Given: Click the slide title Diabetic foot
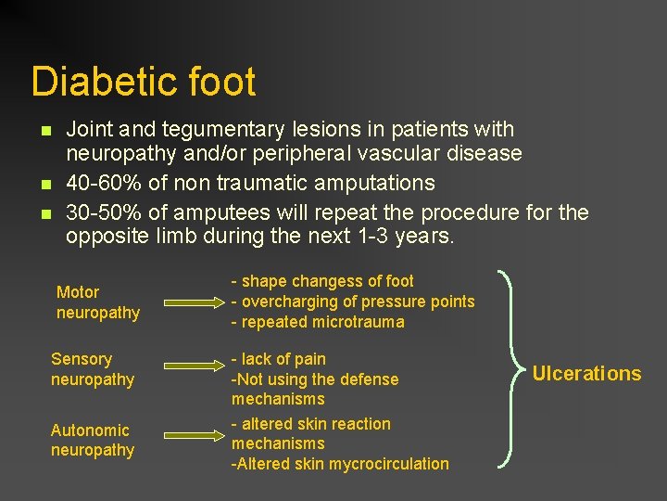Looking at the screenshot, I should point(143,82).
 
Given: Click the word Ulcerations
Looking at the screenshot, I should point(586,374).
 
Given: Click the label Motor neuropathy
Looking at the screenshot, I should point(97,302).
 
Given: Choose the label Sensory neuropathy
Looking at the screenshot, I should point(92,369).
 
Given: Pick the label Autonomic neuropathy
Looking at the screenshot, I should point(92,440).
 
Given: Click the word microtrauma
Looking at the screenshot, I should point(358,322).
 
